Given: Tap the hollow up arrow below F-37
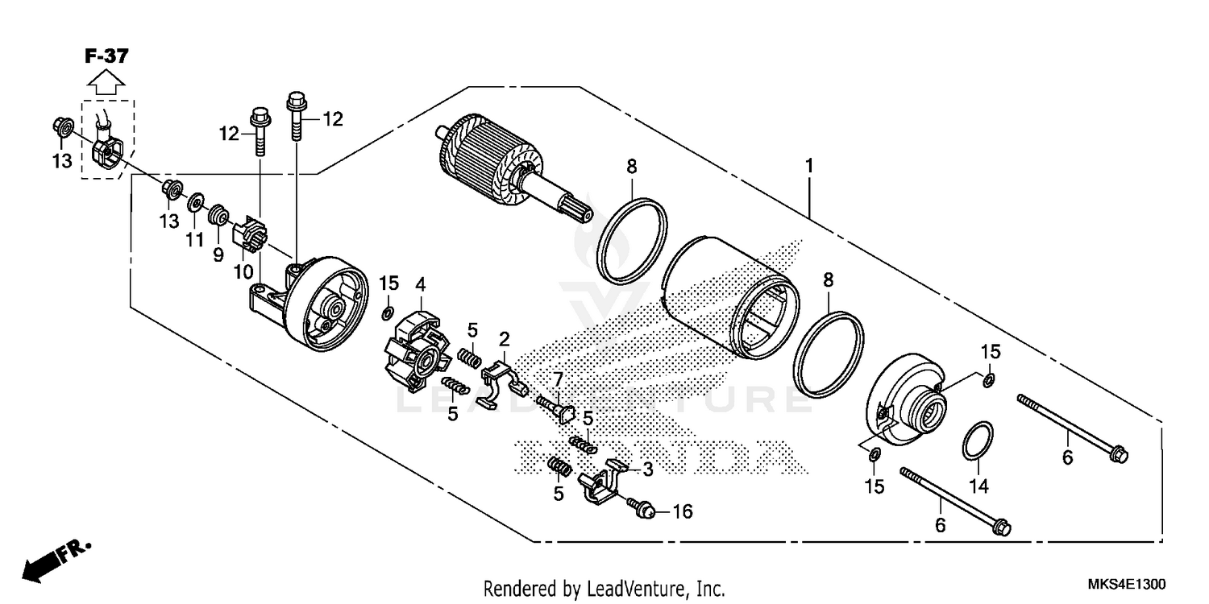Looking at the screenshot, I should [x=106, y=81].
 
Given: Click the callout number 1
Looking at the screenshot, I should [x=808, y=167].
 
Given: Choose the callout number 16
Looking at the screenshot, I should [x=682, y=511].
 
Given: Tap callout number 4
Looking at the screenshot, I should [x=420, y=283].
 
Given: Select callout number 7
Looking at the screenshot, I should [x=556, y=378].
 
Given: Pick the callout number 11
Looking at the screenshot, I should [x=193, y=240].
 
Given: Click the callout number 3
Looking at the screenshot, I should [x=647, y=468].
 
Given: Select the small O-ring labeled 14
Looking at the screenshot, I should [x=977, y=441].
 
